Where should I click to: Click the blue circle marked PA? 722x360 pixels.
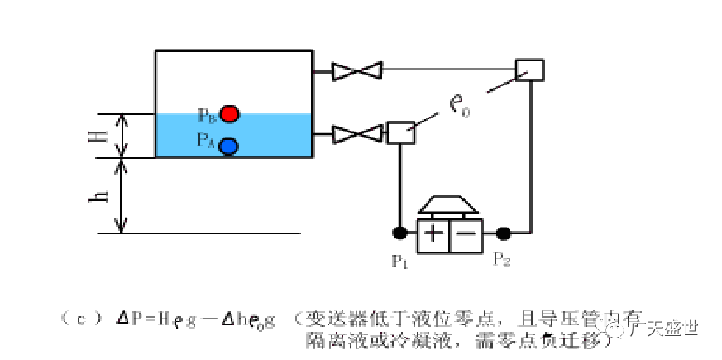click(229, 145)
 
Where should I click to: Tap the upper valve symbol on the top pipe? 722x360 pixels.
click(356, 71)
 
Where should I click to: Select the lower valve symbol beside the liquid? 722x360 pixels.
click(356, 133)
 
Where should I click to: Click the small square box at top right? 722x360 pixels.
click(528, 70)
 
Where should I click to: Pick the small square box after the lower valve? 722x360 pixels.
click(400, 132)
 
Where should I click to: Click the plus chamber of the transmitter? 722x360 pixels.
click(433, 234)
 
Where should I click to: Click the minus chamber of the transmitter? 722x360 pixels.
click(466, 234)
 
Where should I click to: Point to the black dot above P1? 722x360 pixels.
click(399, 233)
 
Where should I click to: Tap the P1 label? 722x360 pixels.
click(400, 262)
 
